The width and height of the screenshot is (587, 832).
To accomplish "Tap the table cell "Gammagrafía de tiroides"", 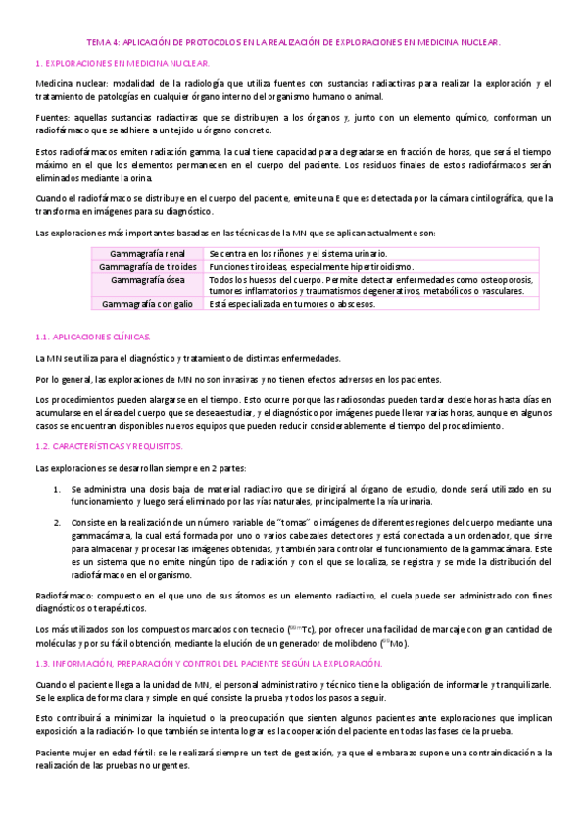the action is tap(148, 267).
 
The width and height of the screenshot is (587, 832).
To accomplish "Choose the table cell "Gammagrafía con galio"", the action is tap(148, 304).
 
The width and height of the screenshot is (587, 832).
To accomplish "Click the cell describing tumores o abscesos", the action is tap(292, 304).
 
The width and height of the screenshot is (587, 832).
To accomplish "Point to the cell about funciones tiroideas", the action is tap(311, 267).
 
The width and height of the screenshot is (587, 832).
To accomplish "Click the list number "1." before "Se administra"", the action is tap(57, 488).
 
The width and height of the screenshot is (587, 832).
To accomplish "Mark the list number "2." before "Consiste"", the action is tap(57, 525).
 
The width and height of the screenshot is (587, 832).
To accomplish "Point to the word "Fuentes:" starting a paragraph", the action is tap(52, 118).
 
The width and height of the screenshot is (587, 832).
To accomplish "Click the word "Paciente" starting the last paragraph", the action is tap(54, 754).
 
